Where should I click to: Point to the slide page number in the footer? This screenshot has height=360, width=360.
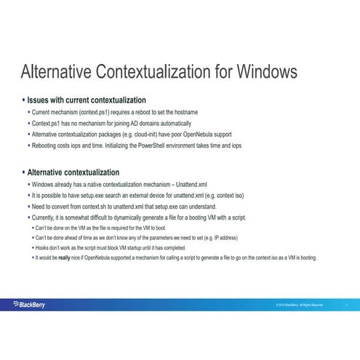click(x=348, y=305)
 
